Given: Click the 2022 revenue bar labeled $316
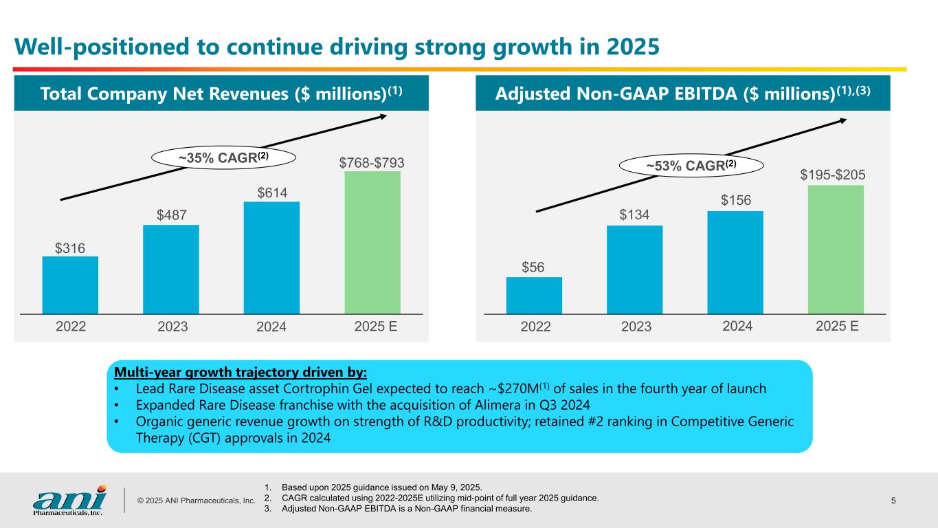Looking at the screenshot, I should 70,285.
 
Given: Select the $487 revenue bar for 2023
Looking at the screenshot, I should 171,269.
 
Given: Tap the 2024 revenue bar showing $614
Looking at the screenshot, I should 271,258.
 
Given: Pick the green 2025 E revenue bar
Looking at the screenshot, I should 372,243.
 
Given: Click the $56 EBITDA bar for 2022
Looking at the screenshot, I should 534,296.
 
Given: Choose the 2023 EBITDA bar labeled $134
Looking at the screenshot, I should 634,269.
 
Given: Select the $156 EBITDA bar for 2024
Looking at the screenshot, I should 735,262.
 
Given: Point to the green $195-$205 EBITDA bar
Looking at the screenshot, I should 836,250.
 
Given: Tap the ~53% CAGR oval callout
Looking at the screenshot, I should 692,165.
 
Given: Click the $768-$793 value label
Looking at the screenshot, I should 372,163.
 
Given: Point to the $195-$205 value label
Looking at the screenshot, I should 833,176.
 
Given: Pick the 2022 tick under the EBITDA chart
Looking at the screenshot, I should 535,327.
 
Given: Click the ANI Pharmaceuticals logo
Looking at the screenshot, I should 70,499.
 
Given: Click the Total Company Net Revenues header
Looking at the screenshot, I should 221,93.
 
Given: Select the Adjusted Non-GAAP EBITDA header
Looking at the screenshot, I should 683,93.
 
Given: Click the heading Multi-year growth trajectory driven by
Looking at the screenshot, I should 241,373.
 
